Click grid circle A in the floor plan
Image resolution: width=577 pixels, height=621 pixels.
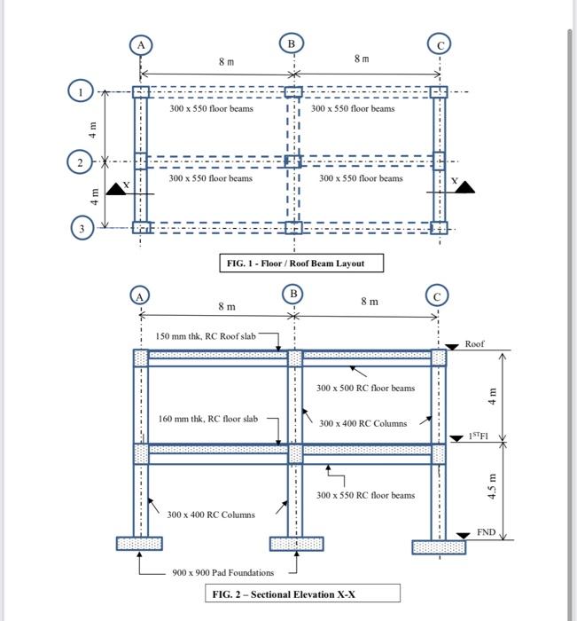140,44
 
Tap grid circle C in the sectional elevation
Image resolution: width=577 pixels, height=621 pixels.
438,295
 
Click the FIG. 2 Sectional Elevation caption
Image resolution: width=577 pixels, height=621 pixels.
302,594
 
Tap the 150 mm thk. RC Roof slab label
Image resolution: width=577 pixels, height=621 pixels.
205,337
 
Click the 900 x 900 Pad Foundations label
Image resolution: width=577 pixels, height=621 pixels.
223,572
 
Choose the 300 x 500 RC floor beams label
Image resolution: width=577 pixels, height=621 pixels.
364,388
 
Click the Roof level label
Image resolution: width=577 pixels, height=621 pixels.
474,344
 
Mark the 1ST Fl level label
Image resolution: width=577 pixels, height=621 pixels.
478,436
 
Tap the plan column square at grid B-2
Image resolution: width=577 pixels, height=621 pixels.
292,161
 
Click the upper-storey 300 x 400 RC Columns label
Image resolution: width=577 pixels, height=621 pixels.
363,423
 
